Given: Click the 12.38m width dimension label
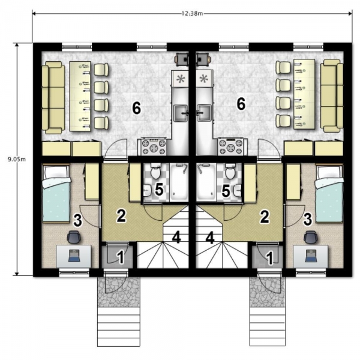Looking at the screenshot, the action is click(x=193, y=14).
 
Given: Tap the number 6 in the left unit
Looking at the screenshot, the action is click(x=137, y=108).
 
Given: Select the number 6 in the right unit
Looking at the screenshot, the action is click(x=241, y=104).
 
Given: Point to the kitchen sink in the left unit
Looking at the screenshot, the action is click(x=181, y=113).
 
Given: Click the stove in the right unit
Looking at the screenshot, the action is click(x=231, y=146).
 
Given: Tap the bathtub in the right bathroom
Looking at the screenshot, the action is click(x=207, y=182).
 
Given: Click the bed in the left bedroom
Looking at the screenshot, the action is click(x=56, y=193).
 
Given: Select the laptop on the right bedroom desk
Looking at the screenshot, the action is click(x=310, y=256).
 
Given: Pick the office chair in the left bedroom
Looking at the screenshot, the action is click(x=74, y=237).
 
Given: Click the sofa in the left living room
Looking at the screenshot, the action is click(x=53, y=98).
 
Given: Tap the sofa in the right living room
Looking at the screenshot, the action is click(x=332, y=96).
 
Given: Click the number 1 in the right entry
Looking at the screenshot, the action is click(x=270, y=258).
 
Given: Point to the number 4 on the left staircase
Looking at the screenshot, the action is click(x=176, y=237).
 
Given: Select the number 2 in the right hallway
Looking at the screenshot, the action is click(x=265, y=217).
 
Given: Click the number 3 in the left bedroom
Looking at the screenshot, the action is click(x=77, y=220).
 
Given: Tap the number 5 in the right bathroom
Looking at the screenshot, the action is click(x=226, y=191).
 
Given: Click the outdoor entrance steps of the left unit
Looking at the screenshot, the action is click(x=119, y=327).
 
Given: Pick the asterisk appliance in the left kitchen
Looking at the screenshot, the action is click(x=181, y=79).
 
